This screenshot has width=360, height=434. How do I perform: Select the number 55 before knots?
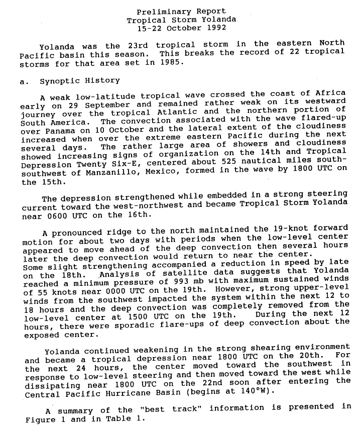tap(43, 292)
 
